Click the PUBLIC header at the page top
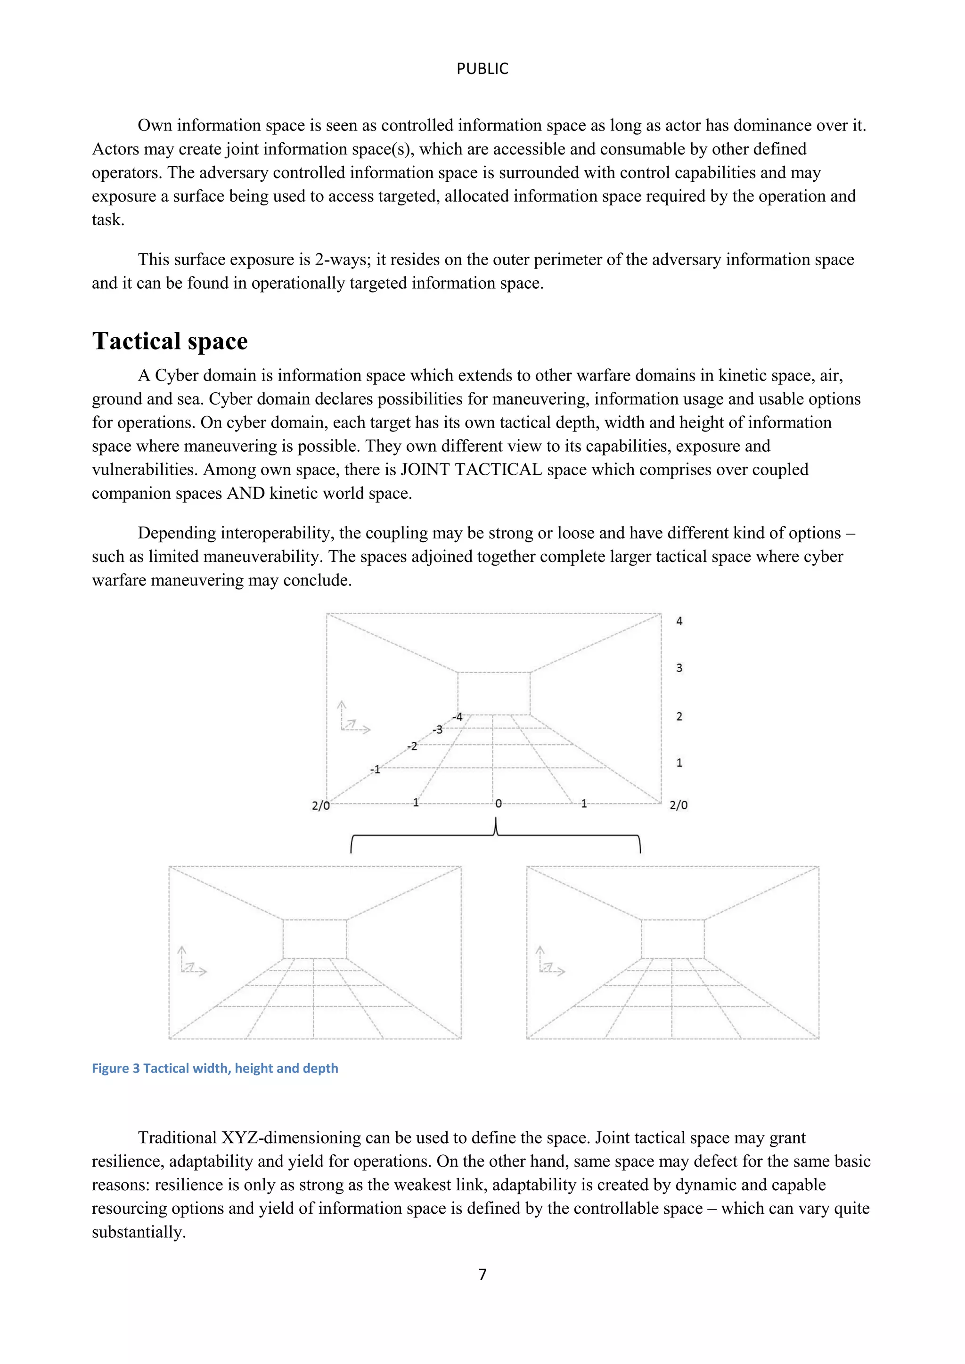(x=482, y=69)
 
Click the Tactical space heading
(x=170, y=341)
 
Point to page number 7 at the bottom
(x=482, y=1275)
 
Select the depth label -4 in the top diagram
(x=457, y=717)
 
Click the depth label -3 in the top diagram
(x=437, y=730)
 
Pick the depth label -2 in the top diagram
(x=412, y=746)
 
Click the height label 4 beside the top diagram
(x=679, y=621)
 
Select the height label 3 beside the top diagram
(x=679, y=668)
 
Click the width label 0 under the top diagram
(x=499, y=804)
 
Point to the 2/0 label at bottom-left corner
(x=320, y=805)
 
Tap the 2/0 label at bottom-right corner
(x=679, y=805)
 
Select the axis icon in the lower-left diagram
(x=192, y=961)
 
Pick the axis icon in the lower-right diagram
(x=550, y=961)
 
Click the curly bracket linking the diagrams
(x=496, y=834)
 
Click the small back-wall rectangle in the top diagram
(x=493, y=693)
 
